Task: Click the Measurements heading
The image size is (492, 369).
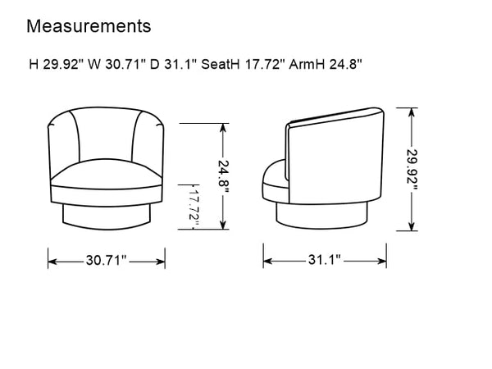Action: click(x=89, y=26)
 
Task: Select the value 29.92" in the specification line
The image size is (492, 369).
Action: click(x=64, y=65)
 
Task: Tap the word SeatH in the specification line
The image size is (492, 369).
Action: click(x=221, y=65)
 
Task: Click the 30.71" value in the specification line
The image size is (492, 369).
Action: click(x=125, y=65)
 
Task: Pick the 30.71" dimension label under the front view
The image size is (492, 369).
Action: click(x=106, y=261)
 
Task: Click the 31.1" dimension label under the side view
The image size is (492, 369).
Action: click(x=325, y=260)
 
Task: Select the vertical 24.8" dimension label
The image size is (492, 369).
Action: click(x=223, y=177)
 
